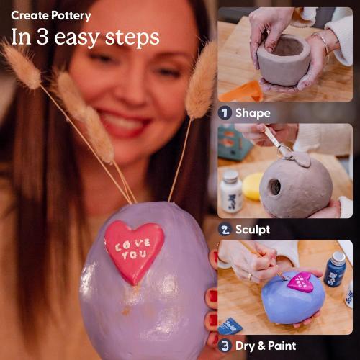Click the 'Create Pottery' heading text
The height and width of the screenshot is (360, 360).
pyautogui.click(x=51, y=15)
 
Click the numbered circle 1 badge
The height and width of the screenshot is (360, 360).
pyautogui.click(x=225, y=113)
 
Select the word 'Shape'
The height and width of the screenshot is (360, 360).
pyautogui.click(x=253, y=113)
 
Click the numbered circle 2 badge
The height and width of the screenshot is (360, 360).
pyautogui.click(x=225, y=230)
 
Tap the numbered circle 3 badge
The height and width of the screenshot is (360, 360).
pyautogui.click(x=225, y=346)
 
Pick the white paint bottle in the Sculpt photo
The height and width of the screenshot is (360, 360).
pyautogui.click(x=231, y=192)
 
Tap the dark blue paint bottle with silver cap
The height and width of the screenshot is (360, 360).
pyautogui.click(x=335, y=269)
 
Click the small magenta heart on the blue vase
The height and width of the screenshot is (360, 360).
pyautogui.click(x=300, y=282)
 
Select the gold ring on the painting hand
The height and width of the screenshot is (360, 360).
pyautogui.click(x=250, y=276)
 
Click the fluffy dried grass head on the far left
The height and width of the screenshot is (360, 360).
pyautogui.click(x=21, y=64)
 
